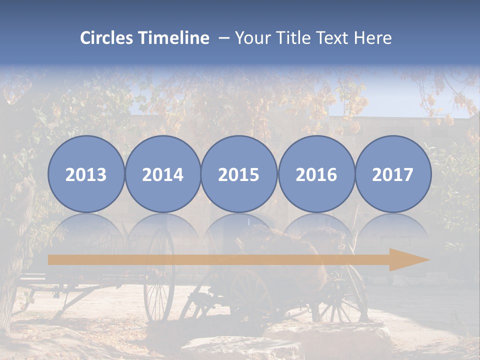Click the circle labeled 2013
86,174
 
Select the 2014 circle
162,174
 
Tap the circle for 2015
239,174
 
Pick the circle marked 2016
316,174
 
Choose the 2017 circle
393,174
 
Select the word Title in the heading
293,38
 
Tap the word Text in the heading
335,38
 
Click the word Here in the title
373,38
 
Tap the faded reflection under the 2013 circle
86,230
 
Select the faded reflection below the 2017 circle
393,230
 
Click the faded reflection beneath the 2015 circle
239,230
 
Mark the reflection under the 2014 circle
162,230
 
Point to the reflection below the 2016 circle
316,230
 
